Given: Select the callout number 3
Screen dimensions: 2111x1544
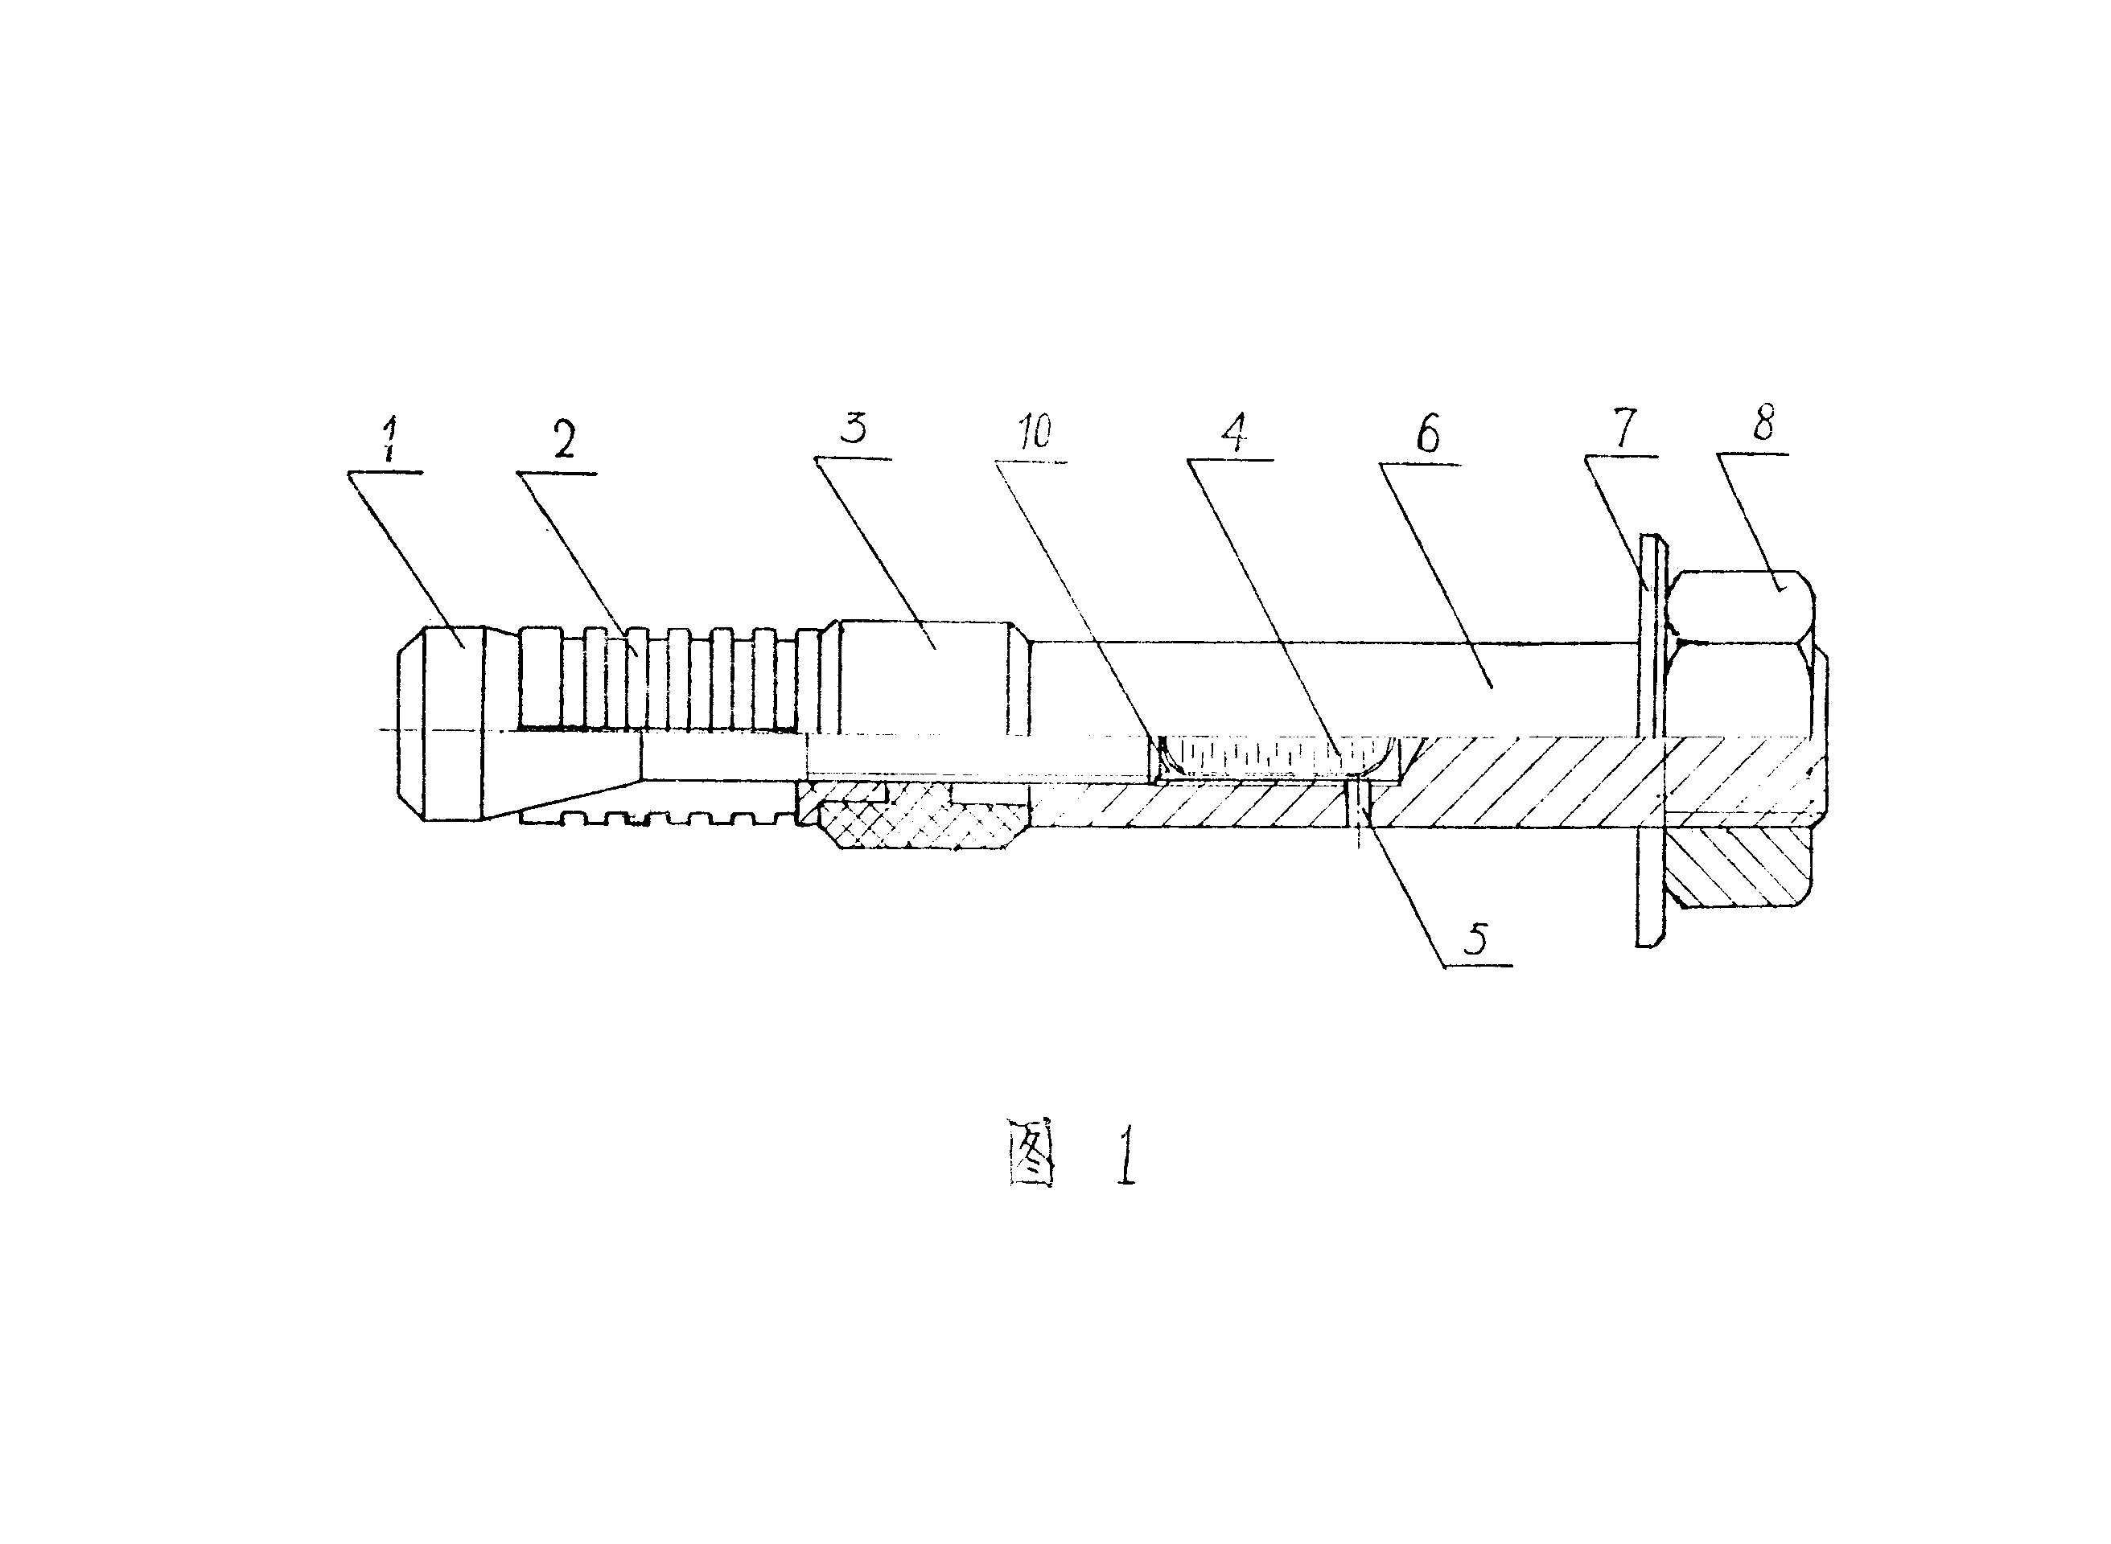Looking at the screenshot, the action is [853, 427].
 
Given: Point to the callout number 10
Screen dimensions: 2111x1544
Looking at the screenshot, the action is [1035, 432].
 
